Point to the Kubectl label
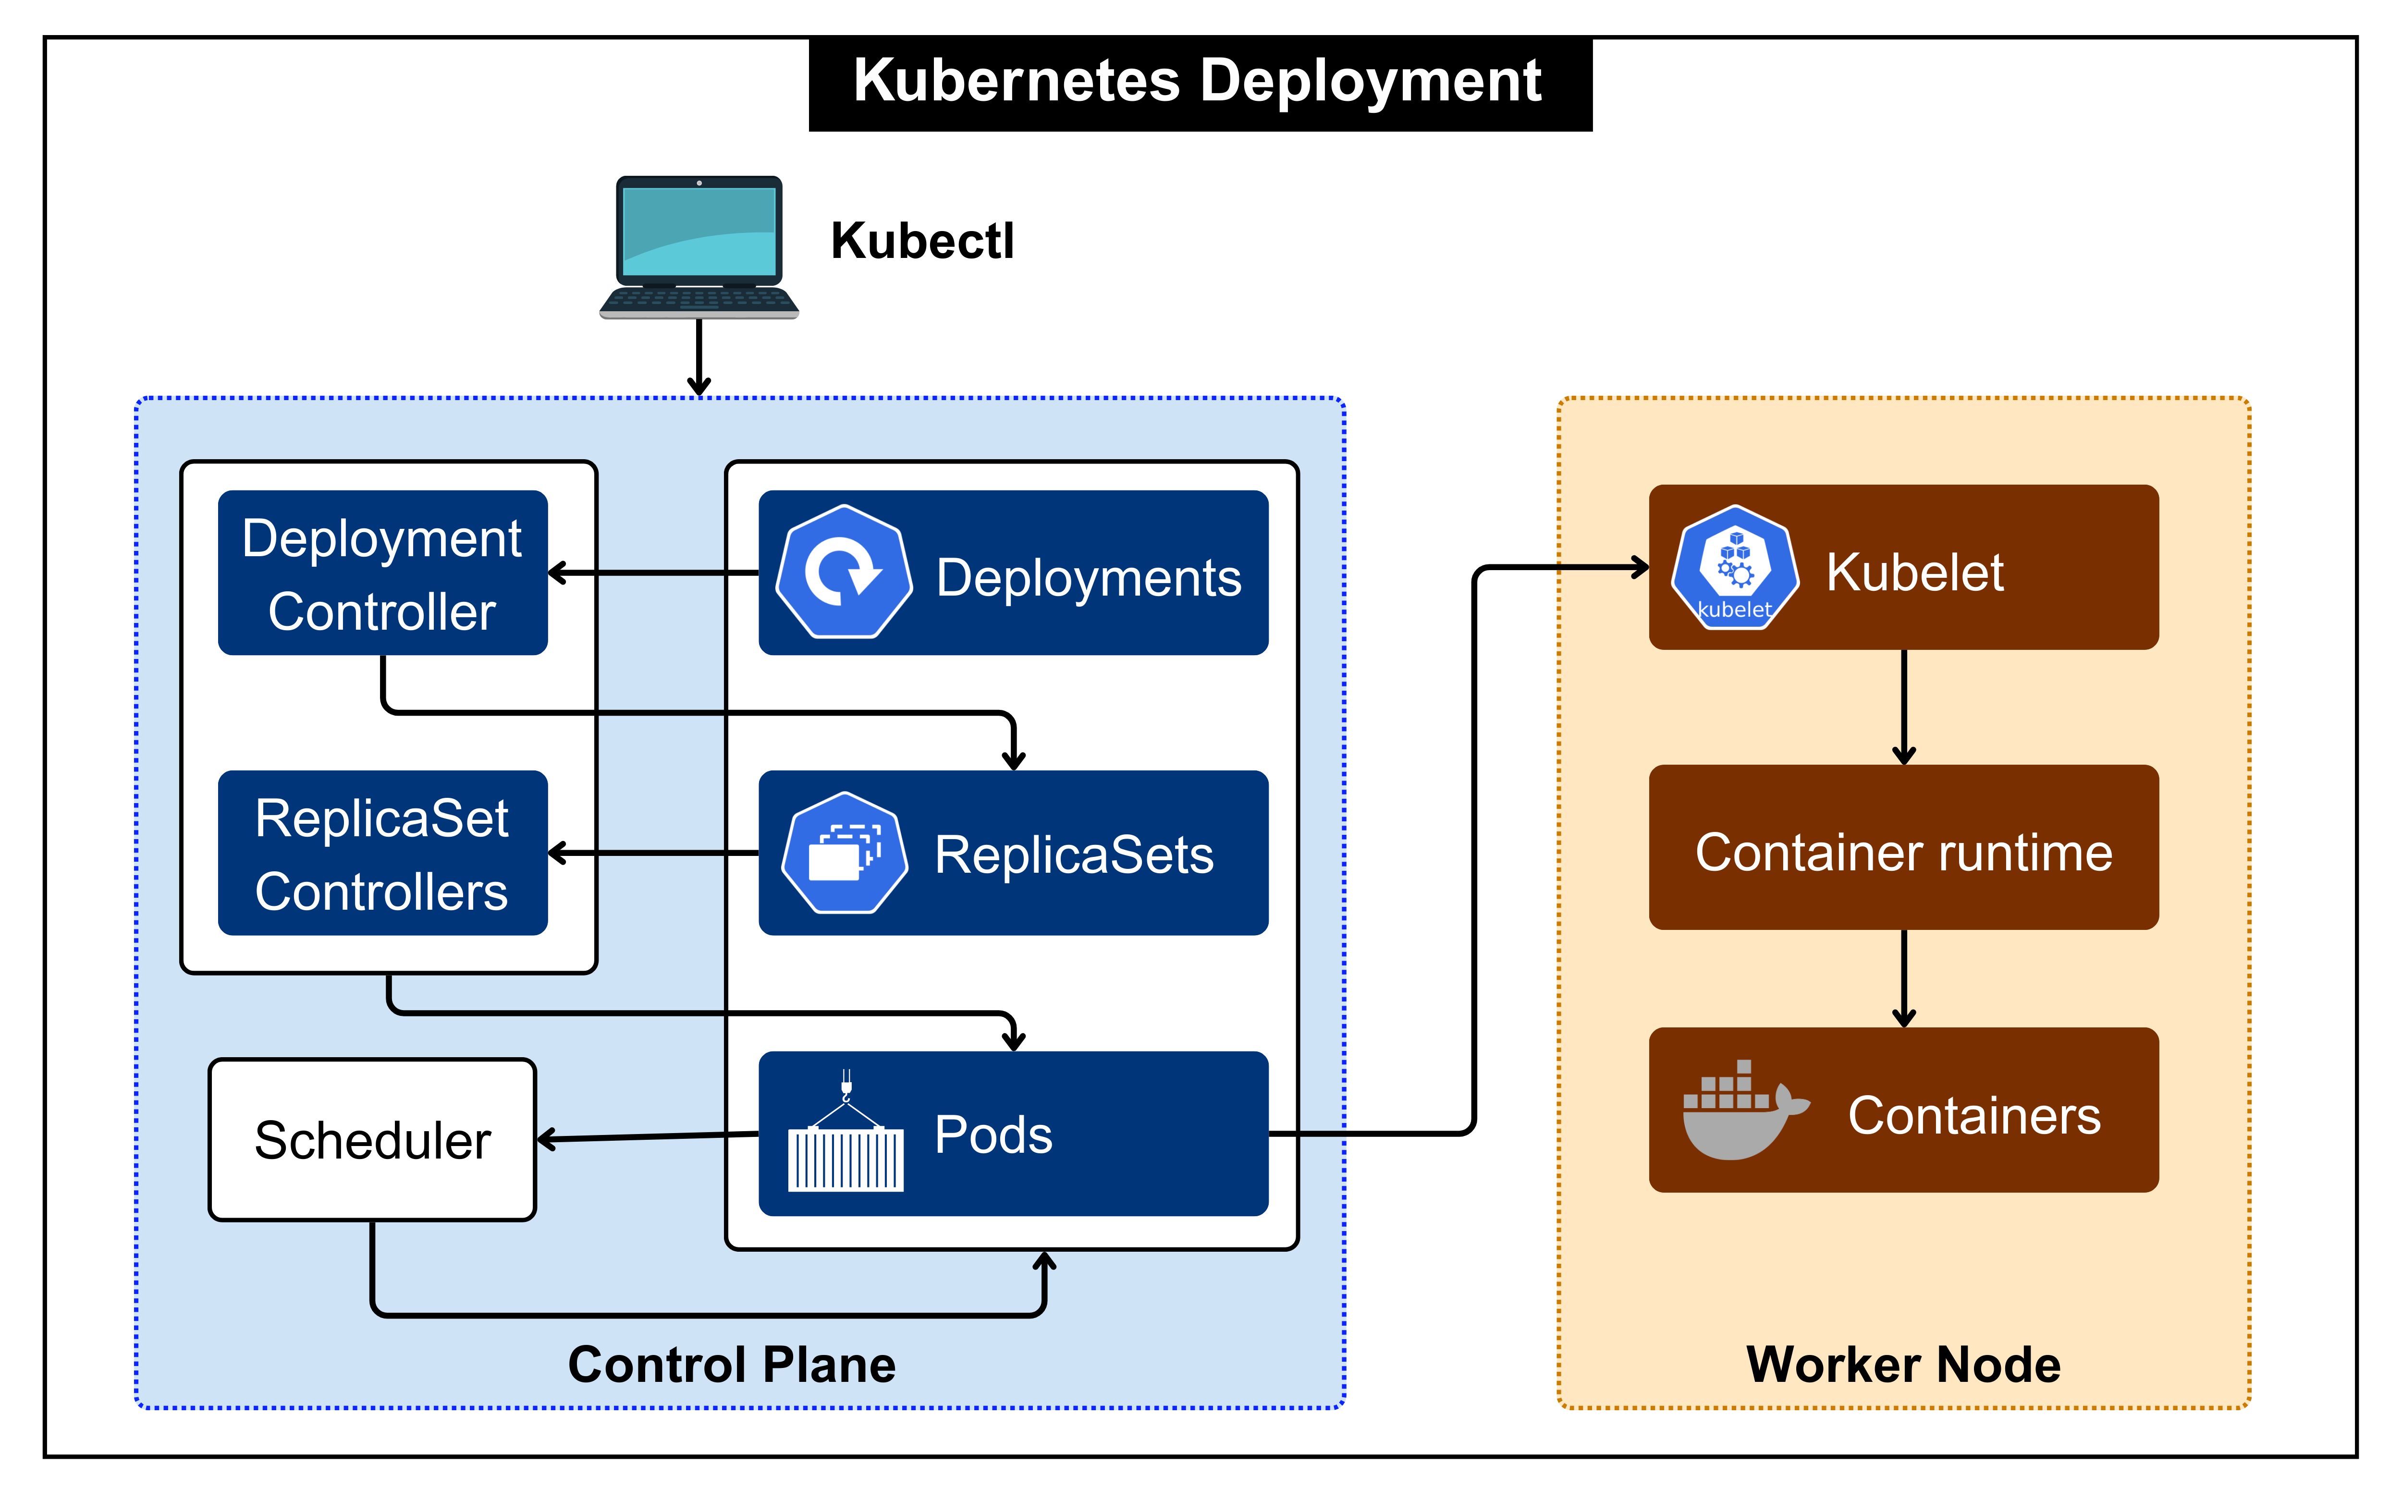922,241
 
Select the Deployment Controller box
382,573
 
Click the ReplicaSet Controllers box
382,854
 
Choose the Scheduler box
372,1140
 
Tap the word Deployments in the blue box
1088,578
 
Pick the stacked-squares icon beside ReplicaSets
844,853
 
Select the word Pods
993,1135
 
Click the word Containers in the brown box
1973,1116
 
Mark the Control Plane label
732,1365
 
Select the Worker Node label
1903,1365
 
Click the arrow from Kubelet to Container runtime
1903,707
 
